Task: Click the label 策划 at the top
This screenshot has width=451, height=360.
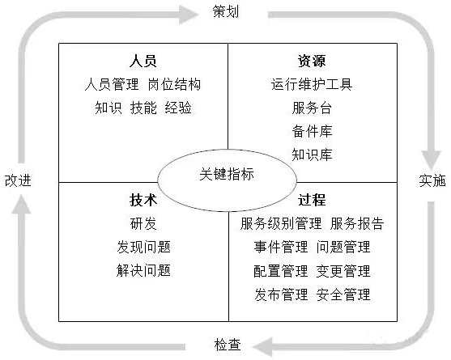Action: [x=226, y=13]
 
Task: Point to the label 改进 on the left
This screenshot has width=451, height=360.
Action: [x=17, y=180]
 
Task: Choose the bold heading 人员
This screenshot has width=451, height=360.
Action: [x=143, y=61]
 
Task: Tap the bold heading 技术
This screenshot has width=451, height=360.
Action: [x=143, y=200]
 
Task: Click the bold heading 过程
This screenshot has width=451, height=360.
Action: [x=312, y=200]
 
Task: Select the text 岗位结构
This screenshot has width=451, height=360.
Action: [x=174, y=84]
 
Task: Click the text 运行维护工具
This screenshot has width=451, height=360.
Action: [x=312, y=84]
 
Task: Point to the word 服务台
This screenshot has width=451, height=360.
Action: [x=312, y=108]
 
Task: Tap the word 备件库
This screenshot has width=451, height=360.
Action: [x=312, y=131]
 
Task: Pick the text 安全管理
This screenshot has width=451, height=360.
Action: [x=343, y=294]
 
